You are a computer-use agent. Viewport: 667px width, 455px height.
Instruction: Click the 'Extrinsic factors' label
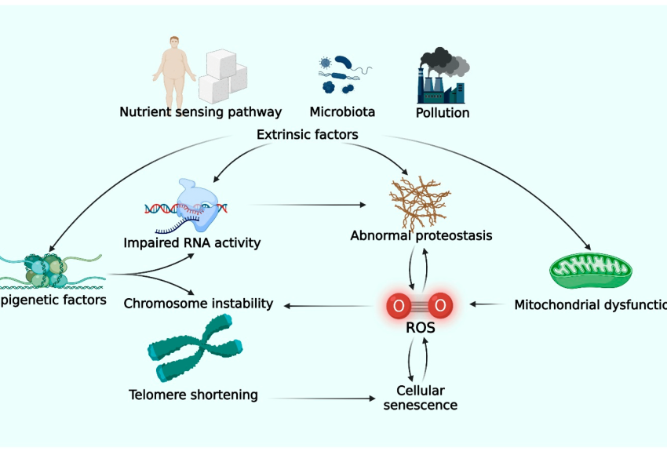pyautogui.click(x=308, y=135)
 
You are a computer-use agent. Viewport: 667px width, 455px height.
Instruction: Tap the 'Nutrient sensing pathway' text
pyautogui.click(x=200, y=112)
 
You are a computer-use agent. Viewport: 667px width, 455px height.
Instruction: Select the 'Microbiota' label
pyautogui.click(x=342, y=112)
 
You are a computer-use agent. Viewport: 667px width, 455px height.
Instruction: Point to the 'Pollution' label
pyautogui.click(x=443, y=113)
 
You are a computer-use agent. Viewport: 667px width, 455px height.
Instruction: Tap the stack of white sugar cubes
pyautogui.click(x=221, y=75)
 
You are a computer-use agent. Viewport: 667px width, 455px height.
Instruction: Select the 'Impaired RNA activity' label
pyautogui.click(x=192, y=242)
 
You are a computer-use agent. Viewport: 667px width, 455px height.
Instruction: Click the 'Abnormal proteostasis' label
pyautogui.click(x=421, y=235)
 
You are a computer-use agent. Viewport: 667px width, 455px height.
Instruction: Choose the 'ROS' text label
pyautogui.click(x=421, y=328)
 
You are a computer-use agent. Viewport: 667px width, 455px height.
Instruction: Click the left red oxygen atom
pyautogui.click(x=399, y=304)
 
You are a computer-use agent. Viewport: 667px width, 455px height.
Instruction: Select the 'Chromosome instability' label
pyautogui.click(x=199, y=303)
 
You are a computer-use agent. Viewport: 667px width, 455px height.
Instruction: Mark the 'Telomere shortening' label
pyautogui.click(x=193, y=395)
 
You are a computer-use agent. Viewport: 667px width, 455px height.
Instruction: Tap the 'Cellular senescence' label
pyautogui.click(x=421, y=398)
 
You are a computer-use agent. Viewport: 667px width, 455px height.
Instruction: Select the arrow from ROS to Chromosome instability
pyautogui.click(x=330, y=304)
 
